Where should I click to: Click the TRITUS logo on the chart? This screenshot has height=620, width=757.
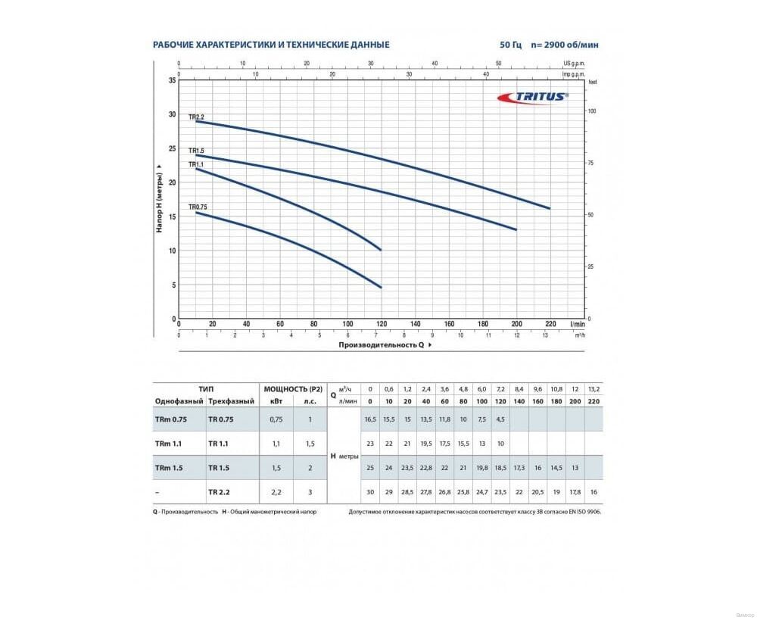(532, 96)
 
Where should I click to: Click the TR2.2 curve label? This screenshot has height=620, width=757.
(197, 117)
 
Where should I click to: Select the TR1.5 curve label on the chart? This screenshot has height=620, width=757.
(197, 151)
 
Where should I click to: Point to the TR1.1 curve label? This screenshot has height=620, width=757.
(197, 164)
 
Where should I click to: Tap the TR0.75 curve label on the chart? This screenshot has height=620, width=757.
(198, 207)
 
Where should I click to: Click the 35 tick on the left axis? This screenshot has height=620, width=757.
(172, 79)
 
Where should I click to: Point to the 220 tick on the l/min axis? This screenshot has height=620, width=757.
(550, 324)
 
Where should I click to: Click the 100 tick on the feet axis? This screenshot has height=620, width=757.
(593, 111)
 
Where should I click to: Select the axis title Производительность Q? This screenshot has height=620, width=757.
(381, 344)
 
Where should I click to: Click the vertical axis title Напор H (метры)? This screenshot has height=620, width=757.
(160, 198)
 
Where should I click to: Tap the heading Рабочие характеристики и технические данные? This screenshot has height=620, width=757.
(271, 45)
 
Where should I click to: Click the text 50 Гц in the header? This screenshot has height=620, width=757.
(510, 45)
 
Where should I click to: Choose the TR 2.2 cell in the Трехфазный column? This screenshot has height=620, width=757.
(220, 491)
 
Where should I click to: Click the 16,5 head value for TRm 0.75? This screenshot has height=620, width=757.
(371, 419)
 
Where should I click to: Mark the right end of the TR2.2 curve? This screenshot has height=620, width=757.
(550, 208)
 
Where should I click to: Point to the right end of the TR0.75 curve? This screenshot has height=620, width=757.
(381, 288)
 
